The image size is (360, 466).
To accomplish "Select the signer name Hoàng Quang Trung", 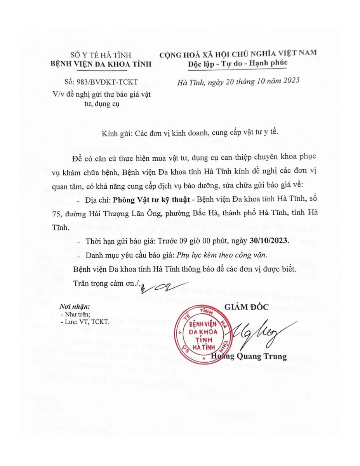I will point(249,356).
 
